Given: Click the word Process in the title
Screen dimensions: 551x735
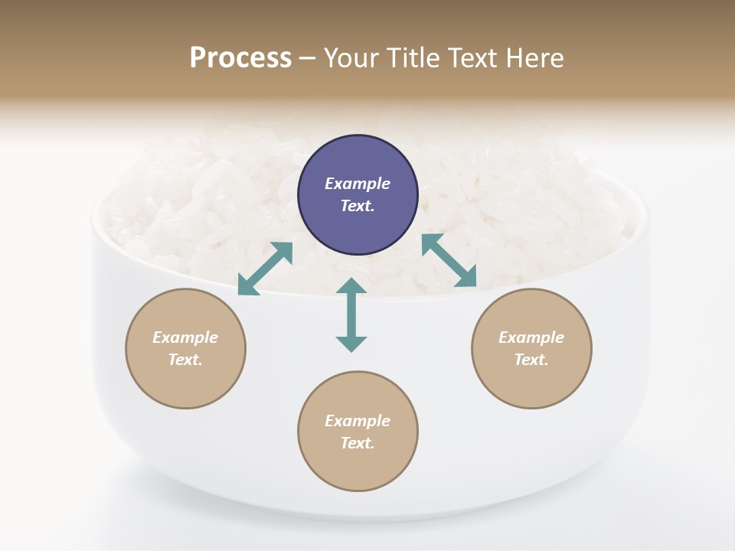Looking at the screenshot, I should tap(240, 58).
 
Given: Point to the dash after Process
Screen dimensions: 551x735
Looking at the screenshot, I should tap(307, 59).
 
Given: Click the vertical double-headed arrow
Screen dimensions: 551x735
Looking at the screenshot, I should tap(351, 315).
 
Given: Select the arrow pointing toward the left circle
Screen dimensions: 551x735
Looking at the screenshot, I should tap(265, 269).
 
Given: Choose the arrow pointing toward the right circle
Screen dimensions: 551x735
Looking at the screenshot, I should tap(449, 261).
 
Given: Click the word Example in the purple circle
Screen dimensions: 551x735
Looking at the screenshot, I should tap(358, 184).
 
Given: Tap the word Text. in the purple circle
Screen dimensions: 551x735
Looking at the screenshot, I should tap(358, 206).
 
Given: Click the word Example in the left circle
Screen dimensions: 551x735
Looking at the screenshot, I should tap(185, 337).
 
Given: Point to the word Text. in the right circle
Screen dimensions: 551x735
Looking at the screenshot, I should tap(531, 360).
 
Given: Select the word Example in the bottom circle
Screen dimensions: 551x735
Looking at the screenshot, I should tap(358, 421).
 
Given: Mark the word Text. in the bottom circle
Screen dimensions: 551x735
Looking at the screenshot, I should tap(358, 443).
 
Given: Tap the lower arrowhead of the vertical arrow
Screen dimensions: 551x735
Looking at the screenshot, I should tap(351, 344).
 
